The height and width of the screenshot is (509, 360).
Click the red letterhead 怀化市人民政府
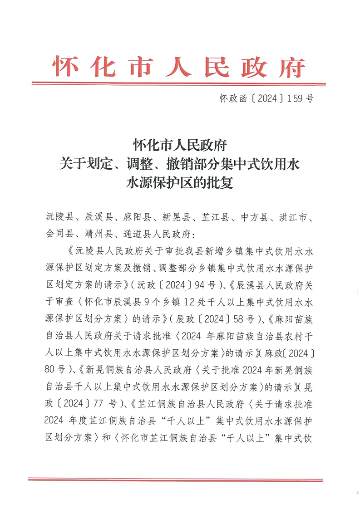point(179,67)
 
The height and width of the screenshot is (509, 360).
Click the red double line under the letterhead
point(179,84)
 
